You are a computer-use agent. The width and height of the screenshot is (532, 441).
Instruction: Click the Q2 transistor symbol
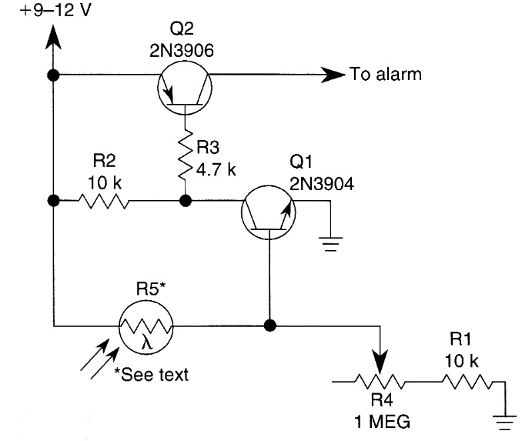pos(185,88)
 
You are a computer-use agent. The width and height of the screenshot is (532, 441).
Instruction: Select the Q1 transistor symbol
pos(269,212)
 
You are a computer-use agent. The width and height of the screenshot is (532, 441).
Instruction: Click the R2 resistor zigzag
pos(104,201)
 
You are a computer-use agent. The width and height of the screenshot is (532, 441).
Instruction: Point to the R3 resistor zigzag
pos(186,155)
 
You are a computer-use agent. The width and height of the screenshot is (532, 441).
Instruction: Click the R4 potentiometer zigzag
pos(380,382)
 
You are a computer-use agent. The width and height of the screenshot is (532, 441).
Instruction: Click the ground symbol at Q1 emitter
pos(330,244)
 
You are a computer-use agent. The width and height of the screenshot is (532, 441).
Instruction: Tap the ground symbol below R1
pos(505,423)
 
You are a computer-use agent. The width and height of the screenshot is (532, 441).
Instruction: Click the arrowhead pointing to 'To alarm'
pos(333,75)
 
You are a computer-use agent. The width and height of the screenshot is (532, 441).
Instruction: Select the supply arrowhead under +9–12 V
pos(53,37)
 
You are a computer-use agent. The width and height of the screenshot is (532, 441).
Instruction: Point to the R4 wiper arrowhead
pos(380,361)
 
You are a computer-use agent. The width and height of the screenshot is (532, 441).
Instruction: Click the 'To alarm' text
pos(386,75)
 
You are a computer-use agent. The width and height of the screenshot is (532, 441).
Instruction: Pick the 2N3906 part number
pos(182,51)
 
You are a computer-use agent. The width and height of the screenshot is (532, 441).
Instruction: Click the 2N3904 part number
pos(322,184)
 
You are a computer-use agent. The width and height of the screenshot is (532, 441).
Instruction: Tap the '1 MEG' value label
pos(382,422)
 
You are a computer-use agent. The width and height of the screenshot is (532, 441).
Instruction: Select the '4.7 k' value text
pos(216,169)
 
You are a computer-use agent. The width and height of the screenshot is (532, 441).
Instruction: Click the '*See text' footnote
pos(152,375)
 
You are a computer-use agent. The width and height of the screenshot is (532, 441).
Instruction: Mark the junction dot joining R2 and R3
pos(186,201)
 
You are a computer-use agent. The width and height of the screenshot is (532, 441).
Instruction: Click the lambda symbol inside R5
pos(148,343)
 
